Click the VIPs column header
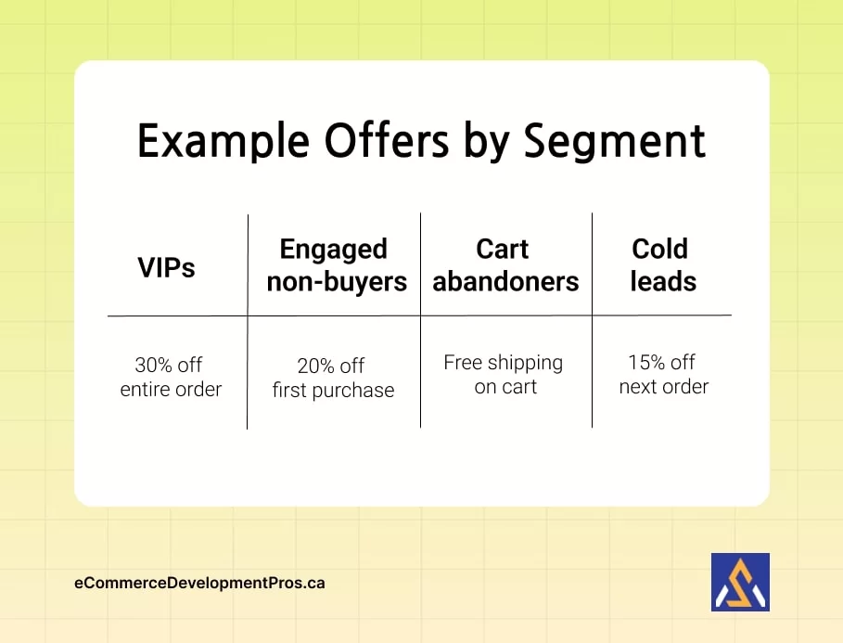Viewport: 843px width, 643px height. pos(167,267)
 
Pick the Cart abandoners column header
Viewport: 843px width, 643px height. pos(505,265)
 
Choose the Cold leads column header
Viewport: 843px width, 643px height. pos(662,264)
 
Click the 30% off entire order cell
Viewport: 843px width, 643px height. pos(171,377)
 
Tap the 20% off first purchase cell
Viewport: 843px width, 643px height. pos(333,378)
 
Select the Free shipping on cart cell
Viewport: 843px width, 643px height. pos(504,374)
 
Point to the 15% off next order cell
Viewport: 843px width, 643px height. pos(663,374)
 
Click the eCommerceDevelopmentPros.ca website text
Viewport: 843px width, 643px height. pos(199,584)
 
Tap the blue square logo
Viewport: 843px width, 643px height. pos(739,582)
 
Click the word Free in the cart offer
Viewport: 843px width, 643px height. pos(462,362)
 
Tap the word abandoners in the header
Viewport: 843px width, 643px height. pos(505,281)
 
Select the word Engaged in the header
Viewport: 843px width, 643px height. pos(333,250)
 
